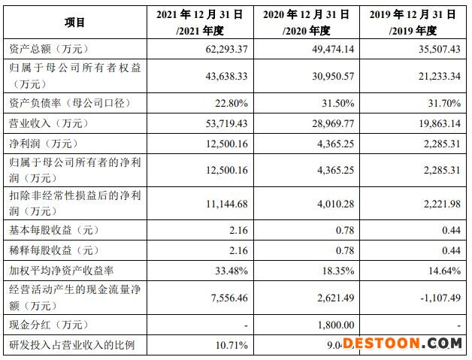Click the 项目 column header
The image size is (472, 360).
(x=75, y=23)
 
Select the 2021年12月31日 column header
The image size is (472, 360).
(x=201, y=23)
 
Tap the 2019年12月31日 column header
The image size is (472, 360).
(x=413, y=23)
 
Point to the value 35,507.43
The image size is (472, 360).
(x=434, y=50)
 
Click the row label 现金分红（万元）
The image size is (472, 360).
(x=47, y=325)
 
